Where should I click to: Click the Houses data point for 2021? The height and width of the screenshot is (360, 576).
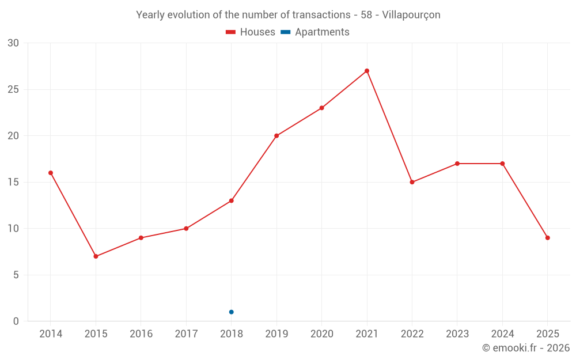(x=367, y=71)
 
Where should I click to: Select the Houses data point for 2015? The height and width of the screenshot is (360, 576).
(x=96, y=256)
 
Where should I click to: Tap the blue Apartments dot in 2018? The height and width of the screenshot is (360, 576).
(x=231, y=312)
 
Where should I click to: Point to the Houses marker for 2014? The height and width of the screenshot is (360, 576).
(x=51, y=173)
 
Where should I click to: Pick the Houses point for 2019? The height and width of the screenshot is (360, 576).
(x=276, y=136)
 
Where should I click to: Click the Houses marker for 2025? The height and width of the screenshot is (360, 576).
(x=547, y=238)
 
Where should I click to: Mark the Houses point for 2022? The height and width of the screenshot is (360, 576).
(x=412, y=182)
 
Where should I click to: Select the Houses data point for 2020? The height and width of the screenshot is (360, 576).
(x=321, y=108)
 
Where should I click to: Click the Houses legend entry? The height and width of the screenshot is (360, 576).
(x=251, y=32)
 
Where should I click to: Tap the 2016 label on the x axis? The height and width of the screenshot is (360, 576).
(x=141, y=334)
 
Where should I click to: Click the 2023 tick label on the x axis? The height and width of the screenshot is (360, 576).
(x=457, y=334)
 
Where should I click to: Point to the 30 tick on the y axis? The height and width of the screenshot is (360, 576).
(x=13, y=43)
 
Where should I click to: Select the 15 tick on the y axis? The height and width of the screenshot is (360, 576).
(x=13, y=182)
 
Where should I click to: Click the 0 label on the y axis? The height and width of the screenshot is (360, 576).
(x=16, y=321)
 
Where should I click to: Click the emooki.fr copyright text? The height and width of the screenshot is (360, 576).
(x=525, y=348)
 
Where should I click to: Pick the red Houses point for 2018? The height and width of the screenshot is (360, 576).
(x=231, y=200)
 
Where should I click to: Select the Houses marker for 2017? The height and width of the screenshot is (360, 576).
(x=186, y=229)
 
